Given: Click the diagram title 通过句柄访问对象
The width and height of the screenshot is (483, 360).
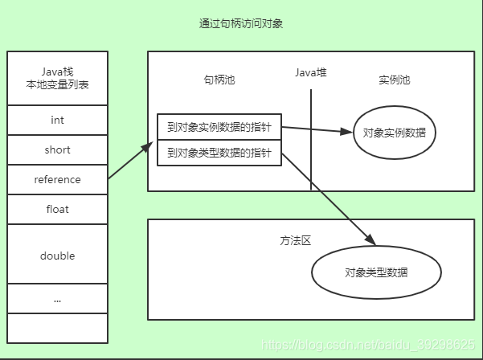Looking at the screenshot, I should click(241, 24).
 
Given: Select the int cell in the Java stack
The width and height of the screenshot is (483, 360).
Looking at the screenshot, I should click(57, 120).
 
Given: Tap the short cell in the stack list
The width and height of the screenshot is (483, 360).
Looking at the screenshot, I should click(57, 149).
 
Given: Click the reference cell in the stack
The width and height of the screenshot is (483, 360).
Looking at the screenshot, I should click(57, 179).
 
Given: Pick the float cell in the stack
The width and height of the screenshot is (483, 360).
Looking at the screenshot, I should click(57, 209).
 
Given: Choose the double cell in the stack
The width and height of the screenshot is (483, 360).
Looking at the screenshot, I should click(57, 256).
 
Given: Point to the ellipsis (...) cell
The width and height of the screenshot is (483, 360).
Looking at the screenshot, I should click(57, 299).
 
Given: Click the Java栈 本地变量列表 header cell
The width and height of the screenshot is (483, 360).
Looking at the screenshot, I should click(57, 79).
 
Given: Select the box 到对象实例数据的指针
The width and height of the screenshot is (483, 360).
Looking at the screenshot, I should click(219, 126).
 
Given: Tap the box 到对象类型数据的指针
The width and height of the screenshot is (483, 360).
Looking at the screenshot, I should click(219, 153).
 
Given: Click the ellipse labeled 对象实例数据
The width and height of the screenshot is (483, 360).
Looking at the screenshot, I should click(394, 133).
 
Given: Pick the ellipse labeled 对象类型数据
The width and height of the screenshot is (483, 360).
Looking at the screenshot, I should click(376, 272).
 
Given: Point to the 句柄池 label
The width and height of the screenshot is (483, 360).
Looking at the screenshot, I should click(219, 80).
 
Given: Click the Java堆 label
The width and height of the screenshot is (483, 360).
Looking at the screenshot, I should click(311, 73).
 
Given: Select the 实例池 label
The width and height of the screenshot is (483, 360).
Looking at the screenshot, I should click(394, 80).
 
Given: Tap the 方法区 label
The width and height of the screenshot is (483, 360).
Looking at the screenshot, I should click(295, 240).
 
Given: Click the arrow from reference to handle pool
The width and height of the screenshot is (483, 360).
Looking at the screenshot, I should click(130, 161).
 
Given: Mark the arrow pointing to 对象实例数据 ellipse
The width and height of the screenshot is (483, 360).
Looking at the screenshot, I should click(317, 129).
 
